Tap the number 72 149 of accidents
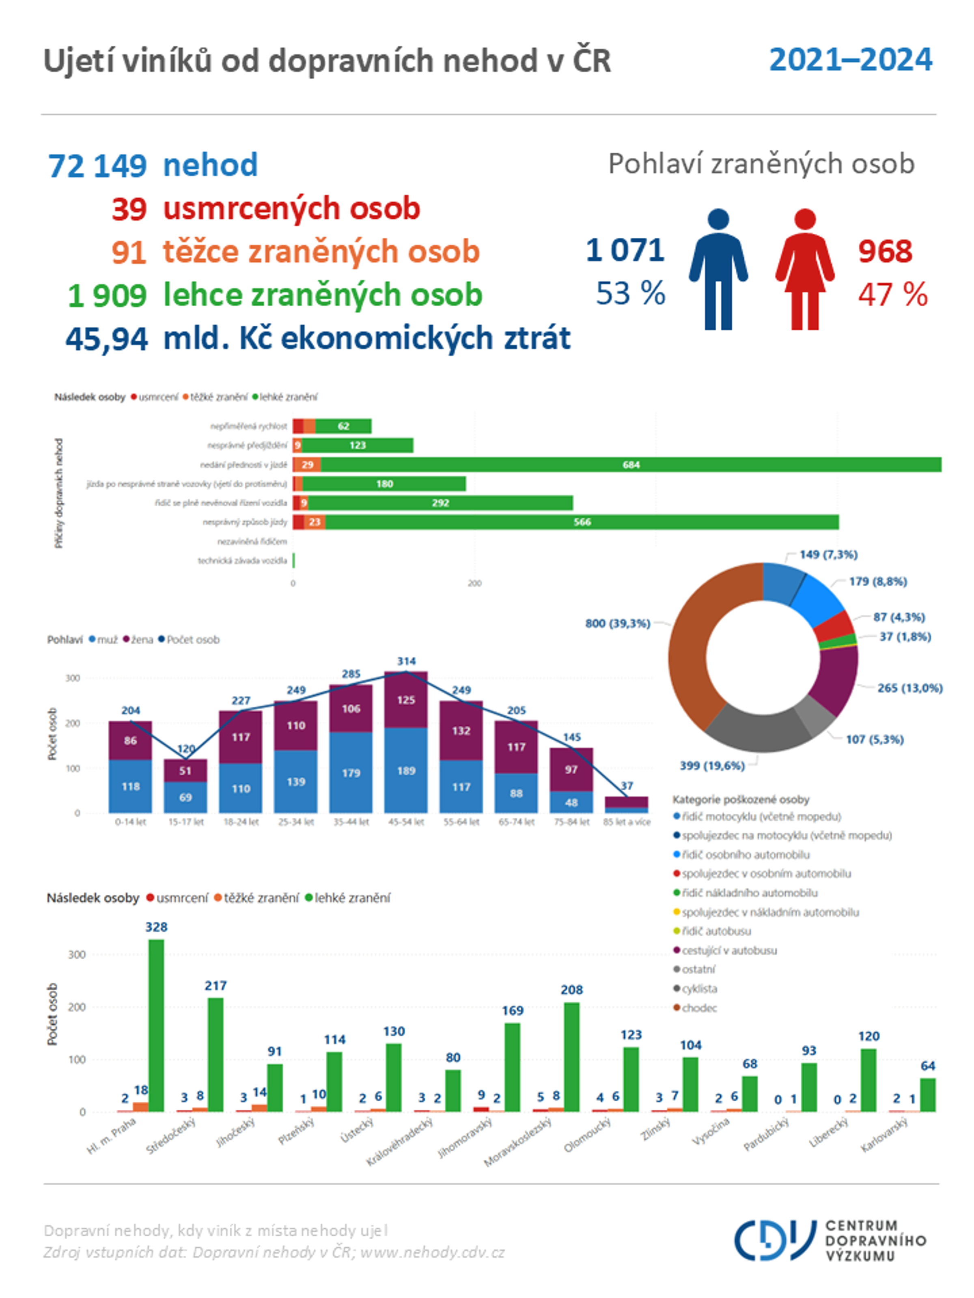point(97,165)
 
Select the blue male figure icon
point(718,269)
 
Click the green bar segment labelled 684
point(631,465)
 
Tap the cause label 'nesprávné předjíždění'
point(247,445)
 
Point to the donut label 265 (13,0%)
point(909,688)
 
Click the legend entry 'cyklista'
point(699,988)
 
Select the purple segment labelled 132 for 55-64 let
point(461,731)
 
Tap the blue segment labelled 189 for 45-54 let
point(406,770)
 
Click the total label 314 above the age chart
point(406,661)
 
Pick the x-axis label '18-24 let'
point(241,821)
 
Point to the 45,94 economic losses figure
point(106,339)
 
